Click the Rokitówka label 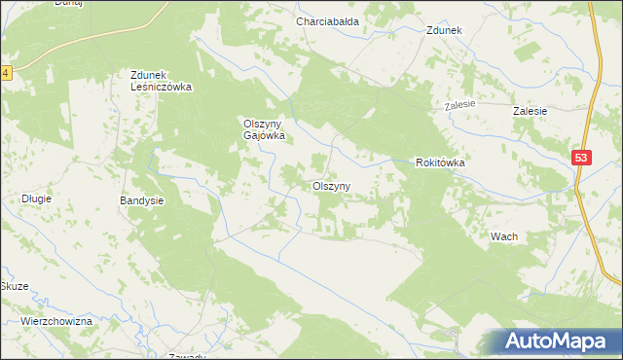pyautogui.click(x=440, y=163)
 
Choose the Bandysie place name pyautogui.click(x=141, y=200)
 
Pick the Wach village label pyautogui.click(x=503, y=237)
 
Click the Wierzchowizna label pyautogui.click(x=55, y=321)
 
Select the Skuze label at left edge pyautogui.click(x=13, y=287)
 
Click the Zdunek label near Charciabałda pyautogui.click(x=443, y=30)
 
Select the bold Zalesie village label pyautogui.click(x=531, y=112)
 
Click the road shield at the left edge pyautogui.click(x=5, y=73)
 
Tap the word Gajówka pyautogui.click(x=263, y=136)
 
